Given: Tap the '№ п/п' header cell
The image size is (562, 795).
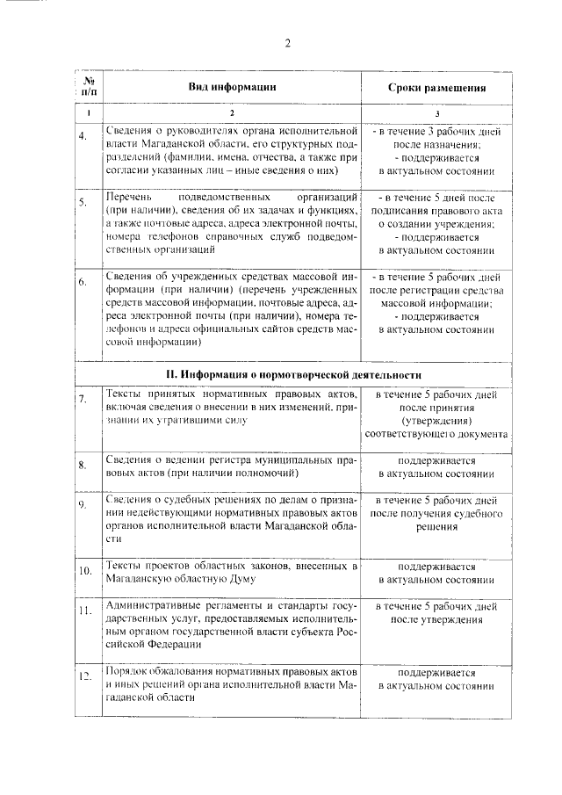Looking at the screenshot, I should (87, 86).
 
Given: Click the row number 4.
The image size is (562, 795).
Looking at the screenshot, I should (83, 136).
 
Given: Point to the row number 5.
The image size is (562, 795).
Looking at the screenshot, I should (83, 203).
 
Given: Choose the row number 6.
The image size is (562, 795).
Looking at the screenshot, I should (83, 283).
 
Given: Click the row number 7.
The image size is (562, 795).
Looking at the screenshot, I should (83, 400).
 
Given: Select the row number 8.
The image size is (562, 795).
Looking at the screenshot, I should (83, 464).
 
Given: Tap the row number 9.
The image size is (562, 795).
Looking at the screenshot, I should (83, 504).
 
